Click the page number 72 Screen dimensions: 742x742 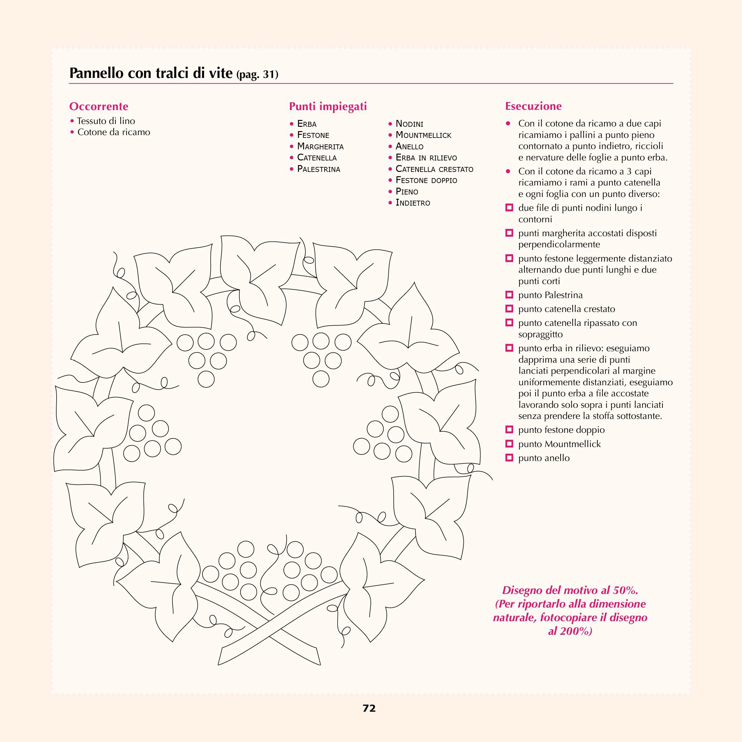click(369, 709)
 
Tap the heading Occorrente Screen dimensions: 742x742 click(99, 106)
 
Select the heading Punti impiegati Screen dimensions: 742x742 click(328, 106)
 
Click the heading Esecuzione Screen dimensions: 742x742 click(533, 106)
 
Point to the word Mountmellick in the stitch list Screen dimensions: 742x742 click(423, 135)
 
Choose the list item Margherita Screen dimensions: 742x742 click(320, 146)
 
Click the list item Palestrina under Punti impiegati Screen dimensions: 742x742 click(318, 169)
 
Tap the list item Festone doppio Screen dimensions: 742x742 click(426, 180)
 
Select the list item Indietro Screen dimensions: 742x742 click(413, 203)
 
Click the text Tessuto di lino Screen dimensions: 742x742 click(106, 121)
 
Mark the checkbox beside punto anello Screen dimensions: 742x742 click(509, 458)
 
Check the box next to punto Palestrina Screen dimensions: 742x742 click(509, 295)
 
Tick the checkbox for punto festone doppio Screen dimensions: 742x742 click(509, 429)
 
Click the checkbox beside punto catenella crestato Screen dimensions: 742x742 click(509, 309)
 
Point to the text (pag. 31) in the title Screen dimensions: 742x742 click(257, 74)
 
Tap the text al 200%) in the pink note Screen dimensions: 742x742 click(570, 631)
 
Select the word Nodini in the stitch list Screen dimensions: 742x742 click(409, 124)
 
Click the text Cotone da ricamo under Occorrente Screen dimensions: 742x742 click(114, 132)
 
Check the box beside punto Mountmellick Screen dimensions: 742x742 click(509, 444)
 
